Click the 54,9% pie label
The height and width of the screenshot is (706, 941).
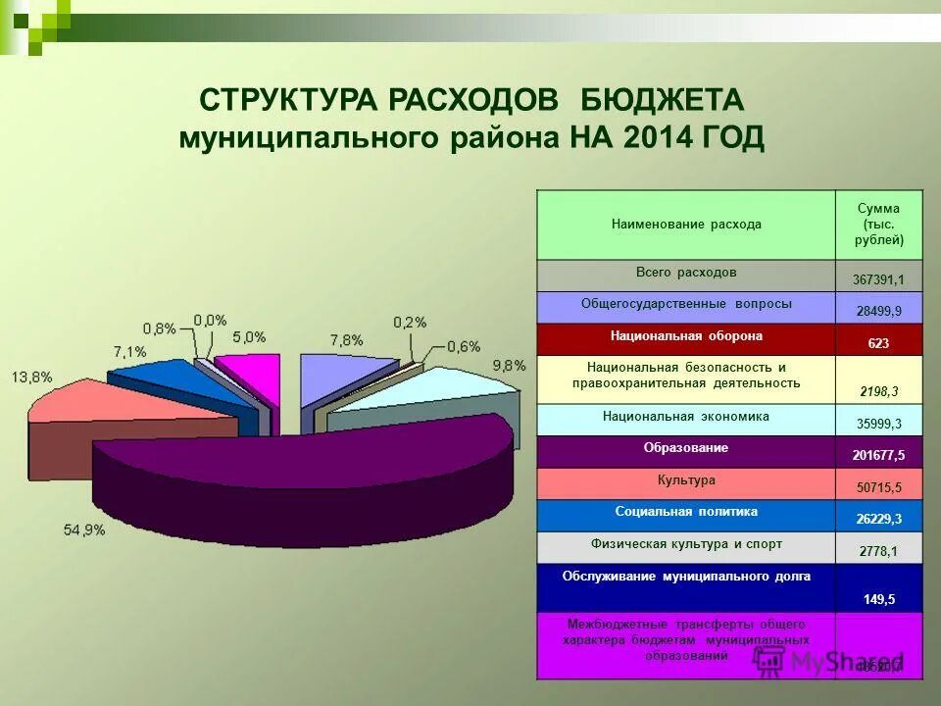(84, 529)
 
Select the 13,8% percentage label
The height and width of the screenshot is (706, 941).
(31, 377)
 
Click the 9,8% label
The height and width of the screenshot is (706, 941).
(509, 365)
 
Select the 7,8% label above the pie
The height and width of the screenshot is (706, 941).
(346, 340)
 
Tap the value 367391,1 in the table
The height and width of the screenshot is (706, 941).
(878, 279)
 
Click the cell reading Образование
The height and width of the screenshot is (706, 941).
(686, 448)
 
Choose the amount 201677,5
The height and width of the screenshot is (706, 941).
(878, 456)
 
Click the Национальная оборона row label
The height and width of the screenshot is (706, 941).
(686, 336)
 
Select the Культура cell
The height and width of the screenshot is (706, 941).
(686, 480)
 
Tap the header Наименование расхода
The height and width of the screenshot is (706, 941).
(686, 225)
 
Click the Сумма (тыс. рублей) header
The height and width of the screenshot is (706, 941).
(878, 225)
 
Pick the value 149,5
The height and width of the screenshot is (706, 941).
(878, 599)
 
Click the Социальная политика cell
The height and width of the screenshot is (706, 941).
(686, 512)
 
